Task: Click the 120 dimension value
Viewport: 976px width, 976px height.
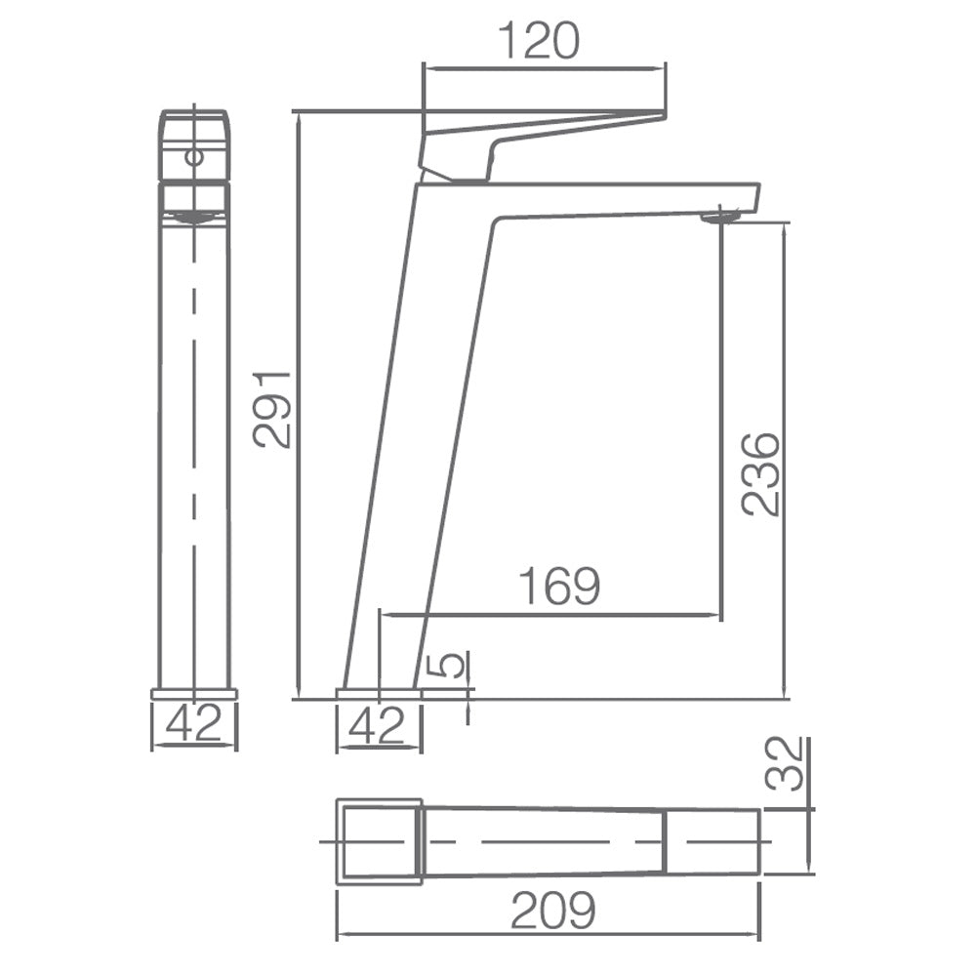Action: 539,40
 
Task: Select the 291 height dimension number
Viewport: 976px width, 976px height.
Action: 272,409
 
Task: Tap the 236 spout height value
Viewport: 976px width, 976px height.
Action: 760,474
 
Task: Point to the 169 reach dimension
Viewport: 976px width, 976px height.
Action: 559,586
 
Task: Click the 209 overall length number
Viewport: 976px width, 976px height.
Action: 552,911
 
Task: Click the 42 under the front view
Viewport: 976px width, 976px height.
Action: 193,722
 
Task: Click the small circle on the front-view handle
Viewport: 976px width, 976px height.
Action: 195,156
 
